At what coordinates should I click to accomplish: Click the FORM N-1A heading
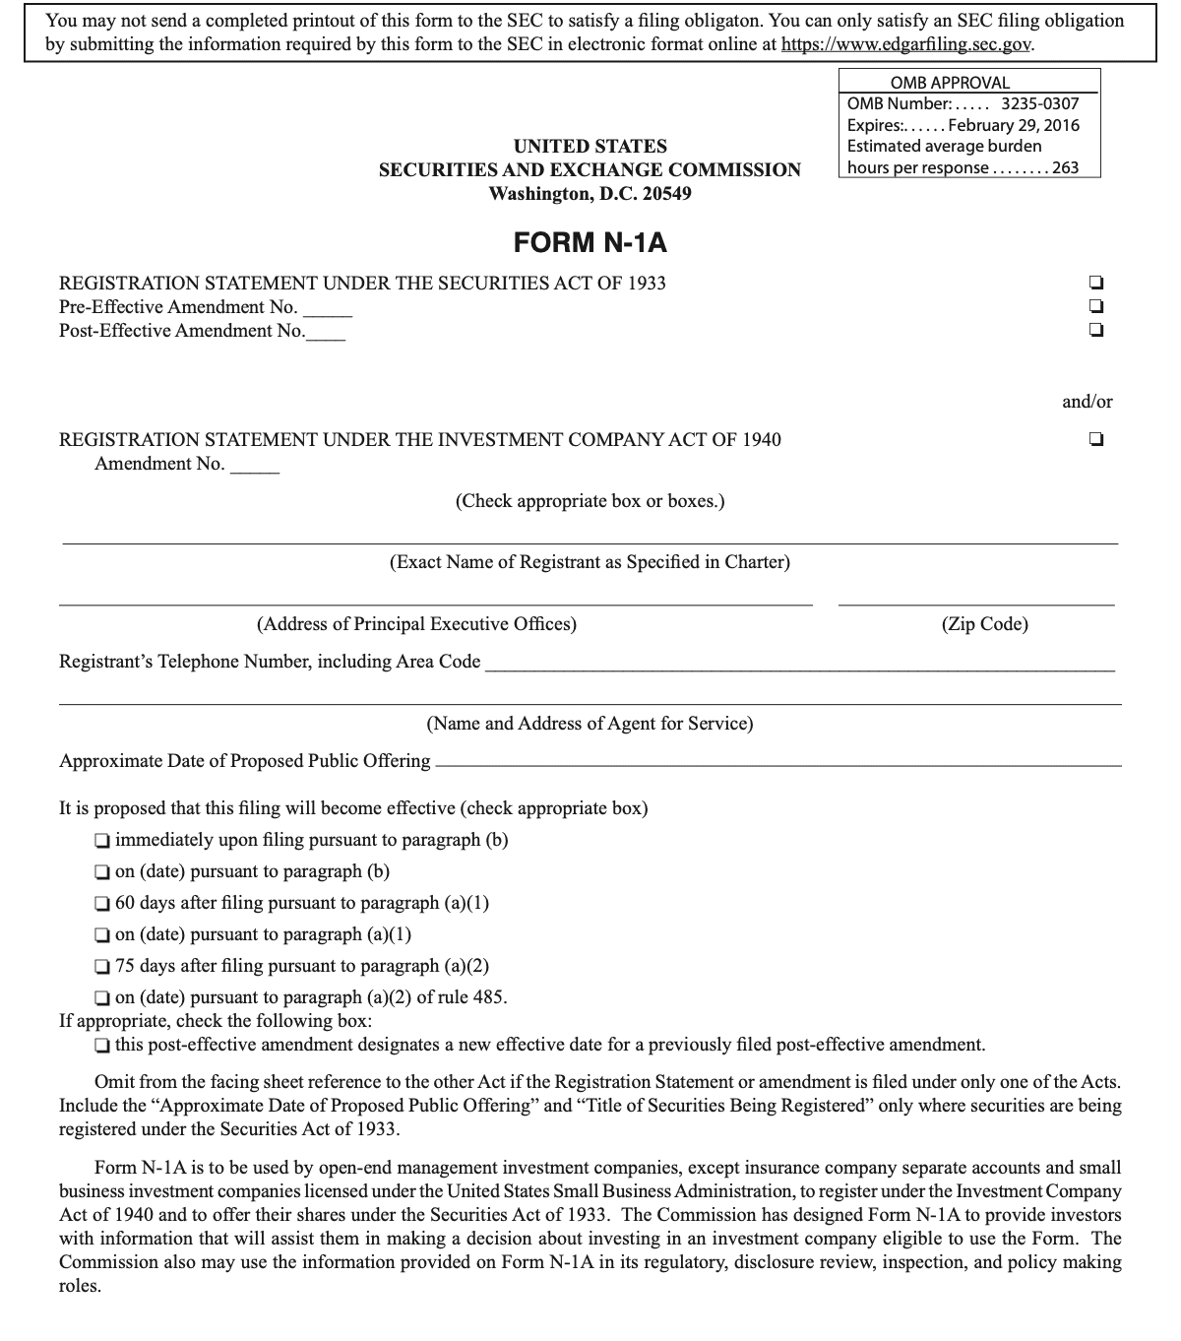pos(590,242)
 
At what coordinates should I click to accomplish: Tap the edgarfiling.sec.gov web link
pos(905,45)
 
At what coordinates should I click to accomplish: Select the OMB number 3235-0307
pos(1039,103)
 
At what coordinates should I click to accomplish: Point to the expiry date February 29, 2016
pos(1014,125)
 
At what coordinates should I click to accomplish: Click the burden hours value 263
pos(1066,167)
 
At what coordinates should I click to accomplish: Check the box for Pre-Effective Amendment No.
pos(1095,306)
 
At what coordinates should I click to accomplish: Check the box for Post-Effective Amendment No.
pos(1095,330)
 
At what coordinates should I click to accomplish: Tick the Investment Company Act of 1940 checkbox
pos(1095,439)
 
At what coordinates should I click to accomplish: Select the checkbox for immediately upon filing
pos(101,841)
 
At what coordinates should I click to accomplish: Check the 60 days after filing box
pos(101,904)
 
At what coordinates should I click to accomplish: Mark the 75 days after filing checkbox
pos(101,967)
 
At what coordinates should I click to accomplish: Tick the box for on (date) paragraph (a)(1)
pos(101,935)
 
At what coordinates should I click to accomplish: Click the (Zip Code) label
pos(984,624)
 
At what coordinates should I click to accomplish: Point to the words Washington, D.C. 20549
pos(590,193)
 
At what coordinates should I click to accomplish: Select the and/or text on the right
pos(1088,401)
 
